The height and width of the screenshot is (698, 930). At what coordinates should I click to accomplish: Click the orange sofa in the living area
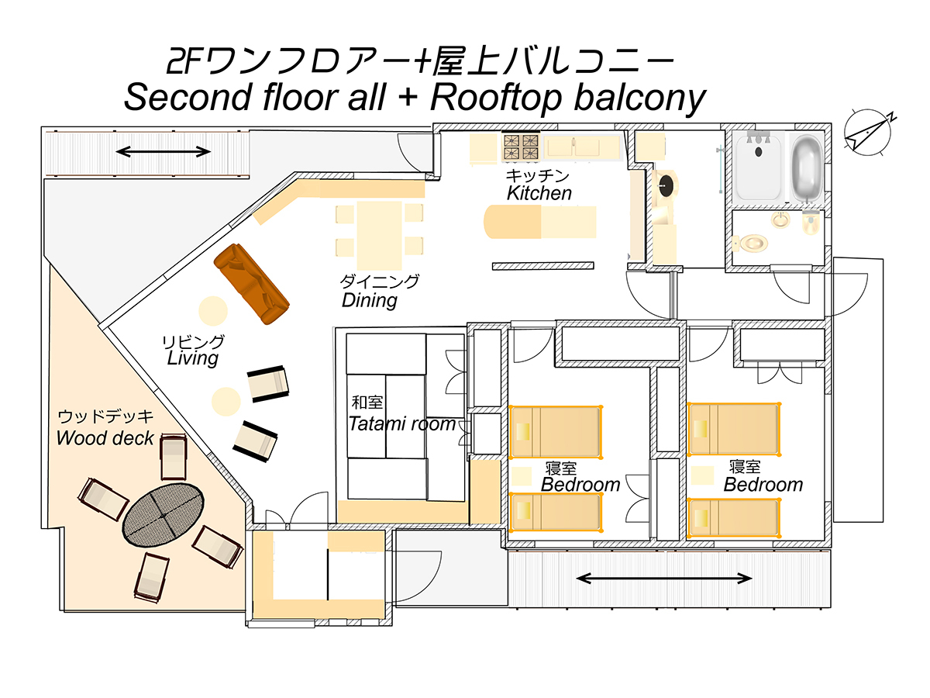click(x=252, y=284)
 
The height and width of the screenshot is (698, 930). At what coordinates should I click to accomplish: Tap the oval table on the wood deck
click(x=163, y=515)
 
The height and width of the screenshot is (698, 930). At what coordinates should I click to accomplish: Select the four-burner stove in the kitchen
click(x=520, y=147)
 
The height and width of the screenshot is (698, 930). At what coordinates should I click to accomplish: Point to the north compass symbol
click(x=867, y=132)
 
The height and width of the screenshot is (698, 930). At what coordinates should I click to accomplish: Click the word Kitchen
click(x=539, y=193)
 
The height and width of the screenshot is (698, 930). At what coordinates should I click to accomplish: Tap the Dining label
click(x=370, y=300)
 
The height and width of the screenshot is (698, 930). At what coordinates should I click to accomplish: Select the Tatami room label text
click(x=401, y=423)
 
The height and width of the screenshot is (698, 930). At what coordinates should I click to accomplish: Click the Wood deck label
click(x=105, y=437)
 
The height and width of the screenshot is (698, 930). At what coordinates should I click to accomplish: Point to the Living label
click(x=193, y=358)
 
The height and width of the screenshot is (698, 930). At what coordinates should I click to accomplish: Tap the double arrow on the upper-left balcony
click(x=163, y=151)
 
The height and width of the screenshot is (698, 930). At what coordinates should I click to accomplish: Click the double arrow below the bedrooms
click(x=663, y=578)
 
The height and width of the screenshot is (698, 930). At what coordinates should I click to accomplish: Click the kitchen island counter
click(x=539, y=222)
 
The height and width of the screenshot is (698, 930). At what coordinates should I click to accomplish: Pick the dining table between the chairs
click(x=379, y=235)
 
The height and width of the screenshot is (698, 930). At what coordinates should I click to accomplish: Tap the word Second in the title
click(x=188, y=98)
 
